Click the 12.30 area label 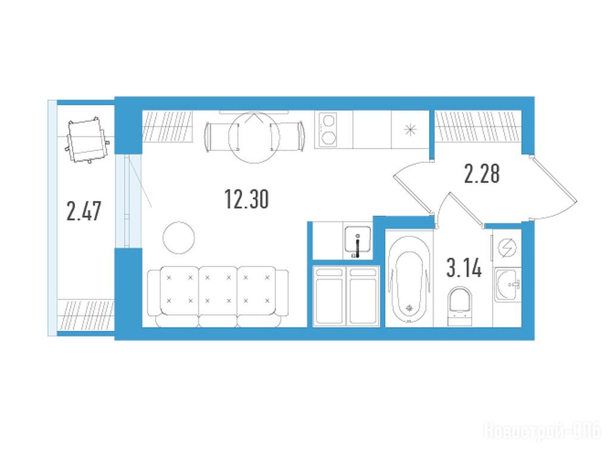point(247,199)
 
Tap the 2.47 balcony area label point(83,211)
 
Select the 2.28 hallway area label point(481,174)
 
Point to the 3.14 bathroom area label point(464,268)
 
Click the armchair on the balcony point(88,140)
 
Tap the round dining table point(254,138)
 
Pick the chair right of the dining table point(287,135)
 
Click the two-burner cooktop point(328,129)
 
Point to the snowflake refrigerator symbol point(410,129)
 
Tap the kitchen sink point(357,241)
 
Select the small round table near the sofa point(179,237)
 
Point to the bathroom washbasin point(508,284)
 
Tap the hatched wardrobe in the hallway point(478,126)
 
